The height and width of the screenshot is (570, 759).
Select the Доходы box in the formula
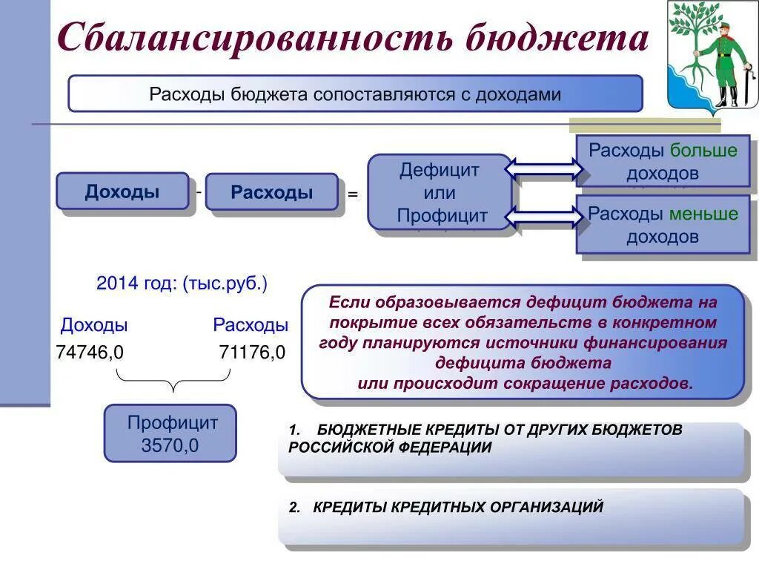coord(122,191)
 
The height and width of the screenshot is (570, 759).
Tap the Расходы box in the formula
coord(271,192)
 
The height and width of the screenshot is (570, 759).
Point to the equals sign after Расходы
coord(353,194)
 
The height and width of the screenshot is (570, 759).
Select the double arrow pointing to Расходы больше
coord(544,170)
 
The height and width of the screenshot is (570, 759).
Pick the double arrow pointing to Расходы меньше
coord(544,217)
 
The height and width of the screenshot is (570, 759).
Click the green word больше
coord(703,151)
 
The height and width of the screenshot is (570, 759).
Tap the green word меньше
coord(703,214)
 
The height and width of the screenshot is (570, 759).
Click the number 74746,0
coord(90,353)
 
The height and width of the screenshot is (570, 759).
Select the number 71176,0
coord(252,353)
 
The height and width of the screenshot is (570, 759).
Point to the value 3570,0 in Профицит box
coord(170,446)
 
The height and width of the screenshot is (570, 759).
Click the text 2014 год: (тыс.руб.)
coord(182,284)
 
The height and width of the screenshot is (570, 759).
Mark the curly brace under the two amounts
coord(173,381)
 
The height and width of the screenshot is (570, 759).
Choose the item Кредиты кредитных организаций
coord(458,508)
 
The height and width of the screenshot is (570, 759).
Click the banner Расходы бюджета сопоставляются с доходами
coord(355,94)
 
